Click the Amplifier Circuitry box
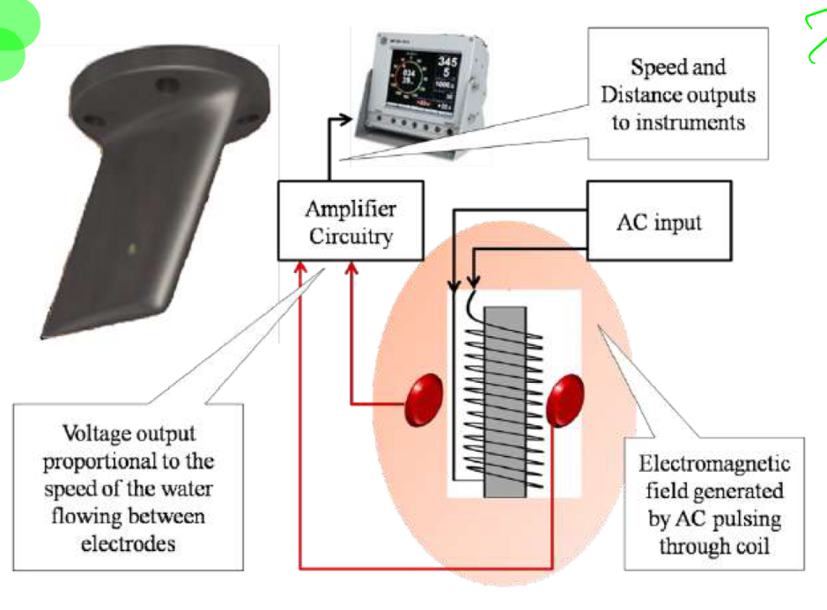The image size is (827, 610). pyautogui.click(x=350, y=223)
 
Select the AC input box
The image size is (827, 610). pyautogui.click(x=660, y=221)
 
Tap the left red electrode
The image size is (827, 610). pyautogui.click(x=424, y=399)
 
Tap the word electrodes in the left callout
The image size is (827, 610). pyautogui.click(x=129, y=543)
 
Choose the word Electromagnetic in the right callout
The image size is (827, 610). pyautogui.click(x=714, y=464)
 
